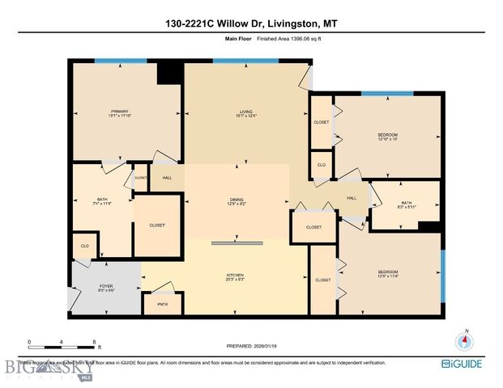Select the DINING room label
click(x=237, y=200)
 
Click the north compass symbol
click(x=464, y=340)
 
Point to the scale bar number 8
click(x=96, y=342)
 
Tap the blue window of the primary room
click(x=120, y=61)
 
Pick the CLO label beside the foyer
click(x=83, y=245)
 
